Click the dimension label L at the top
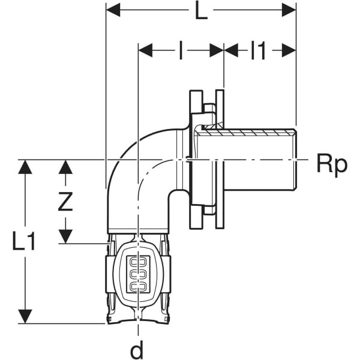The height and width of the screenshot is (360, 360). click(x=201, y=11)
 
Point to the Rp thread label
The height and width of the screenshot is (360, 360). click(x=332, y=164)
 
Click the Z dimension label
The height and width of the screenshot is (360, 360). click(x=65, y=202)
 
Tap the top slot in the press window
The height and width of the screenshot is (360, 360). click(x=138, y=263)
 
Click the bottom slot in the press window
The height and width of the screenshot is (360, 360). click(x=138, y=286)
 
